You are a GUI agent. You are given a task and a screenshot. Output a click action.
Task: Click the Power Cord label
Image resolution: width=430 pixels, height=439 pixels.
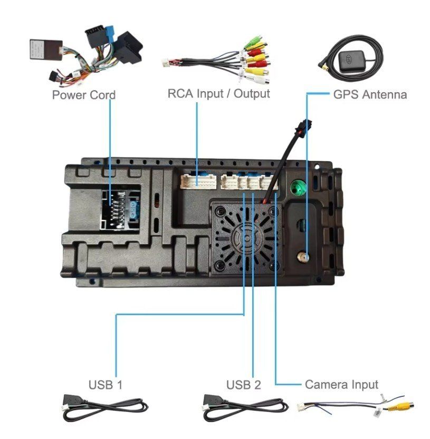tap(83, 95)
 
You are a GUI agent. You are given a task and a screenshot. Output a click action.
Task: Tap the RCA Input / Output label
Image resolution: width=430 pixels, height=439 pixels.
tap(218, 94)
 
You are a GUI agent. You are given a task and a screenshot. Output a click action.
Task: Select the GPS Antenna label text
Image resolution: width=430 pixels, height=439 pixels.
tap(370, 95)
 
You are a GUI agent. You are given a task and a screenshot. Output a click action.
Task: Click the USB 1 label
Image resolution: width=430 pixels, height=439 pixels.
tap(106, 384)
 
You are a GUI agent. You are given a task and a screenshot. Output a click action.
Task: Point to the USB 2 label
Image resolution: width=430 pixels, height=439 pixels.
tap(244, 385)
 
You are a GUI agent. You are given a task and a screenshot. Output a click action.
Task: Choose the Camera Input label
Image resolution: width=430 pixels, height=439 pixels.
tap(341, 384)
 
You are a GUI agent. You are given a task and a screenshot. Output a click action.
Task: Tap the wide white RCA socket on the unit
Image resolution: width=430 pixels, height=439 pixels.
tap(197, 182)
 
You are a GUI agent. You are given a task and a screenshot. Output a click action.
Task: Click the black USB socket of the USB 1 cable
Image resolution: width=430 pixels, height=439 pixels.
tap(73, 402)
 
